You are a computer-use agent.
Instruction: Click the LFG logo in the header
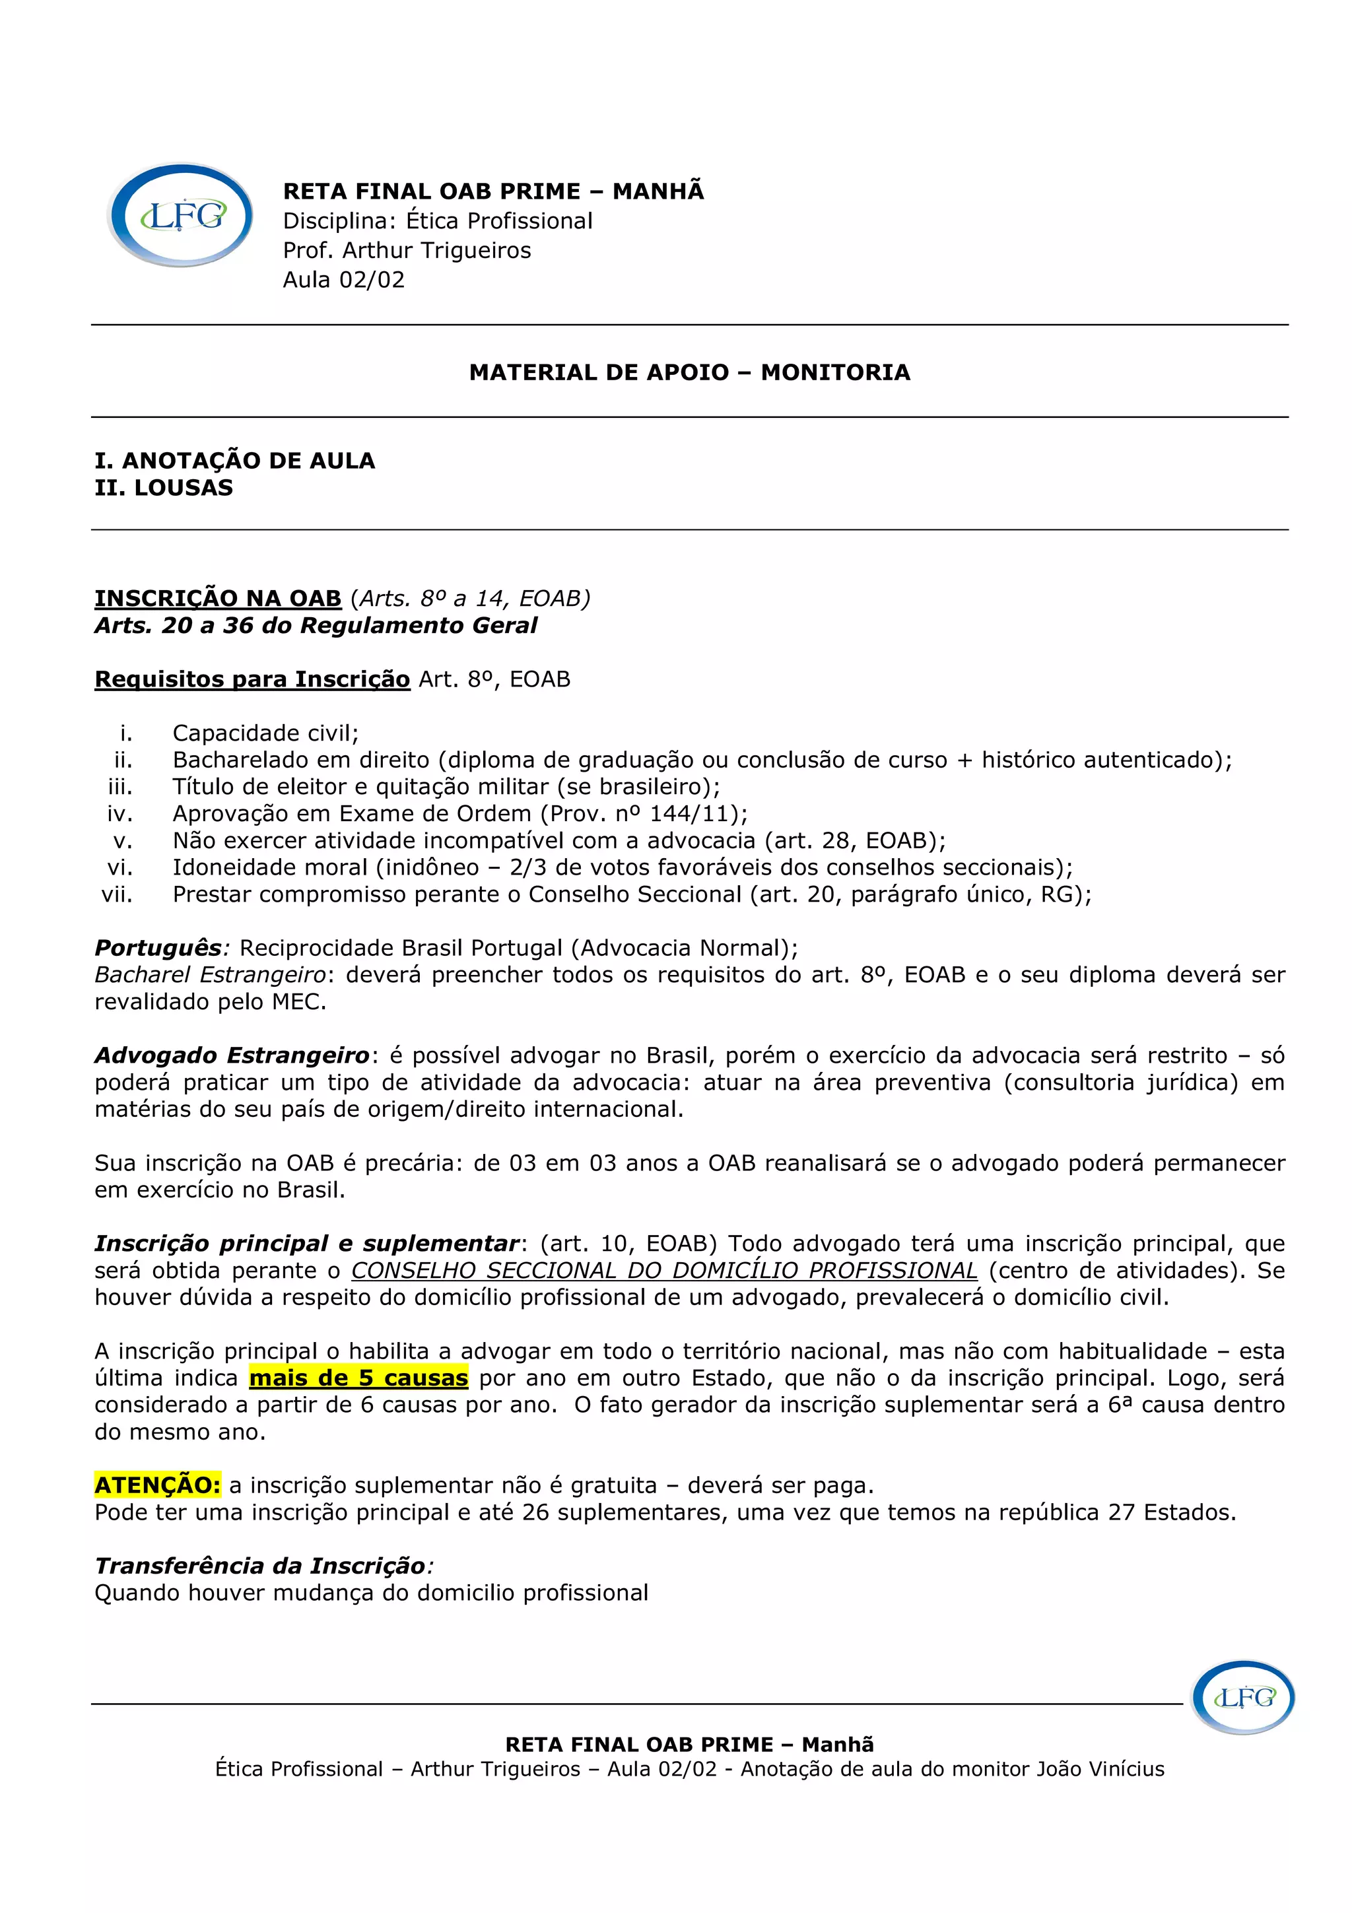(181, 215)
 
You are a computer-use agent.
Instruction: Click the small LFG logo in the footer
(1243, 1698)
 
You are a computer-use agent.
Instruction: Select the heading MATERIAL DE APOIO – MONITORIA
(689, 372)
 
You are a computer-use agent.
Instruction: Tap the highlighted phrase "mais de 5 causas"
(358, 1377)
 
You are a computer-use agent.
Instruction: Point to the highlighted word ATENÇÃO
(157, 1485)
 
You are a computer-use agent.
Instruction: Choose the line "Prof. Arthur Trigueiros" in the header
(407, 250)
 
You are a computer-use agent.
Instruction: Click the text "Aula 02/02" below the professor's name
(343, 279)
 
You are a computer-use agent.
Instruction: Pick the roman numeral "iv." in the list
(120, 813)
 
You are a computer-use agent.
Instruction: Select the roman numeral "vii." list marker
(117, 894)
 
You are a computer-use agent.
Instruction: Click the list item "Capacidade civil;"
(265, 733)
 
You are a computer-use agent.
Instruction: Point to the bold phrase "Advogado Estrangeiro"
(232, 1056)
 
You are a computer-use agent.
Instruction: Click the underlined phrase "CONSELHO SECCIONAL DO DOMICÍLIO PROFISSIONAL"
(664, 1271)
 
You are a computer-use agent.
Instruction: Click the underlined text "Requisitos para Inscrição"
(252, 679)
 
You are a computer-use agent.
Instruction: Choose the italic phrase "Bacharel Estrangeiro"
(210, 975)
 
